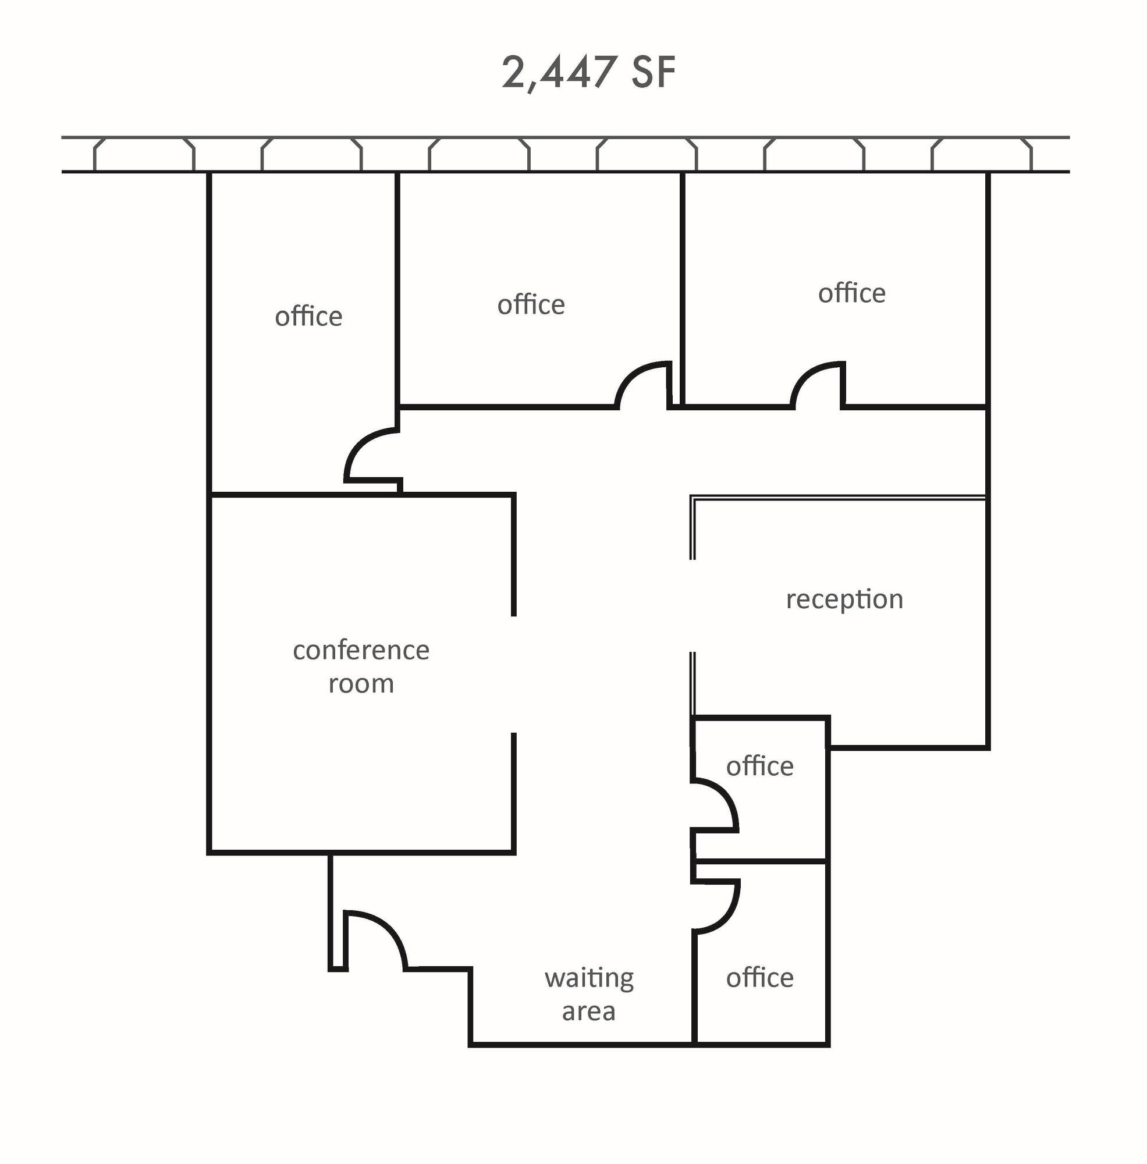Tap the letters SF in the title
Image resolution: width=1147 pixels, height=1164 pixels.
[x=654, y=72]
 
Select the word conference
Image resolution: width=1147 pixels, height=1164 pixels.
[x=361, y=651]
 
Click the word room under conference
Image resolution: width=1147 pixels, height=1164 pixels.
[x=361, y=684]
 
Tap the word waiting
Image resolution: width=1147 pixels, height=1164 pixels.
[x=589, y=978]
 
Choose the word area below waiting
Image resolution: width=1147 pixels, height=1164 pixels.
[x=588, y=1012]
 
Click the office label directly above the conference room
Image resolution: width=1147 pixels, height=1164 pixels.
[x=308, y=315]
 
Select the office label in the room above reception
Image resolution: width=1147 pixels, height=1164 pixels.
[x=852, y=293]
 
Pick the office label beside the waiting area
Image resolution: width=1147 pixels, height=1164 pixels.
[x=759, y=977]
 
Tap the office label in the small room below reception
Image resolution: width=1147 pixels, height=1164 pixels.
[x=759, y=766]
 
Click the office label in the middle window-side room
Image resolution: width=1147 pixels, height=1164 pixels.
[x=531, y=304]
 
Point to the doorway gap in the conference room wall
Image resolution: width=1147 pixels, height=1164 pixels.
[x=513, y=675]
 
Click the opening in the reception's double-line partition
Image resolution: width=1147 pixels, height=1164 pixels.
[x=693, y=605]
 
